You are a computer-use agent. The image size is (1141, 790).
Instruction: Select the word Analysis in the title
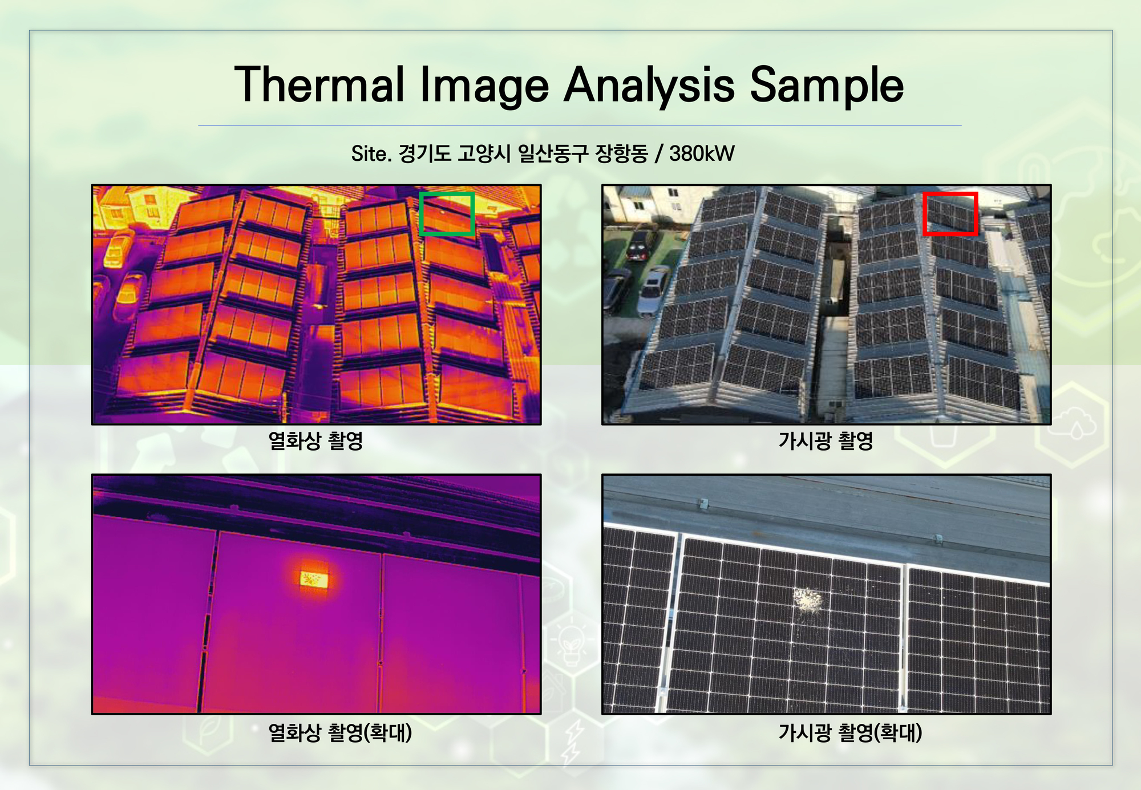click(x=650, y=86)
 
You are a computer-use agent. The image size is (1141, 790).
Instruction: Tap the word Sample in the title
click(x=827, y=86)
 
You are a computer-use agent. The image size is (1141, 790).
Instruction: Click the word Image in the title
click(x=484, y=86)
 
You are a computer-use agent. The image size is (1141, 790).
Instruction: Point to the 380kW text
click(x=702, y=153)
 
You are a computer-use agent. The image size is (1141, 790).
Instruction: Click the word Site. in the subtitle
click(x=371, y=153)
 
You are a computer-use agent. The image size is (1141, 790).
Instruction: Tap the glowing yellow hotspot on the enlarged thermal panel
click(x=314, y=580)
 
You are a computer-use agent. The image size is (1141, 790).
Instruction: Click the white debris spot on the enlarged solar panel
click(x=808, y=600)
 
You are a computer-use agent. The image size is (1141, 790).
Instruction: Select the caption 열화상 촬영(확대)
click(x=340, y=732)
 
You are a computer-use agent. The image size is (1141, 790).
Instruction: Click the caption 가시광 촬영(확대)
click(x=850, y=732)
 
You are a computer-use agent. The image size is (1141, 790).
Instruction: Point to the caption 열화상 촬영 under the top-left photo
click(x=315, y=440)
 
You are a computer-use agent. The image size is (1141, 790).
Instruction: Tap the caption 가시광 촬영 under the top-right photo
click(x=826, y=440)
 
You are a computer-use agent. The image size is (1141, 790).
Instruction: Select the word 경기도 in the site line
click(x=424, y=153)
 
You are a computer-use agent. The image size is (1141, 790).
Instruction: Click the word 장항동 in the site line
click(x=621, y=153)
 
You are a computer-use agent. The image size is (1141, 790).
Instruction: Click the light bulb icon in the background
click(x=571, y=644)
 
